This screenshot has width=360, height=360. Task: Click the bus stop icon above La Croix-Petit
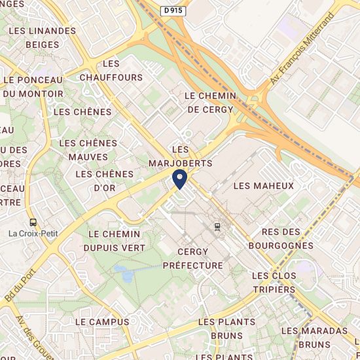coord(33,221)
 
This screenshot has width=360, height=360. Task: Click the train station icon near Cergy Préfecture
coord(217,226)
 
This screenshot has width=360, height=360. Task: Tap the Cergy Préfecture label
coord(193,259)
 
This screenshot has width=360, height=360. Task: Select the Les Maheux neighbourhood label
coord(264,186)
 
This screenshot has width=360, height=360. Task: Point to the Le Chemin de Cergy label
coord(209,103)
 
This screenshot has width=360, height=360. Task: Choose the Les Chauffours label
coord(111,71)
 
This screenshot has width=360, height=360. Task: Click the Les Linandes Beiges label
coord(43,38)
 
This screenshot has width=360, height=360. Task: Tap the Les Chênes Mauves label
coord(88,150)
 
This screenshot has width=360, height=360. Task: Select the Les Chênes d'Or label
coord(105,181)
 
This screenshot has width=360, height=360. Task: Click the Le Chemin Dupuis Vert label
coord(114,241)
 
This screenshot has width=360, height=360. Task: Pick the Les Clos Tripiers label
coord(274,283)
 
